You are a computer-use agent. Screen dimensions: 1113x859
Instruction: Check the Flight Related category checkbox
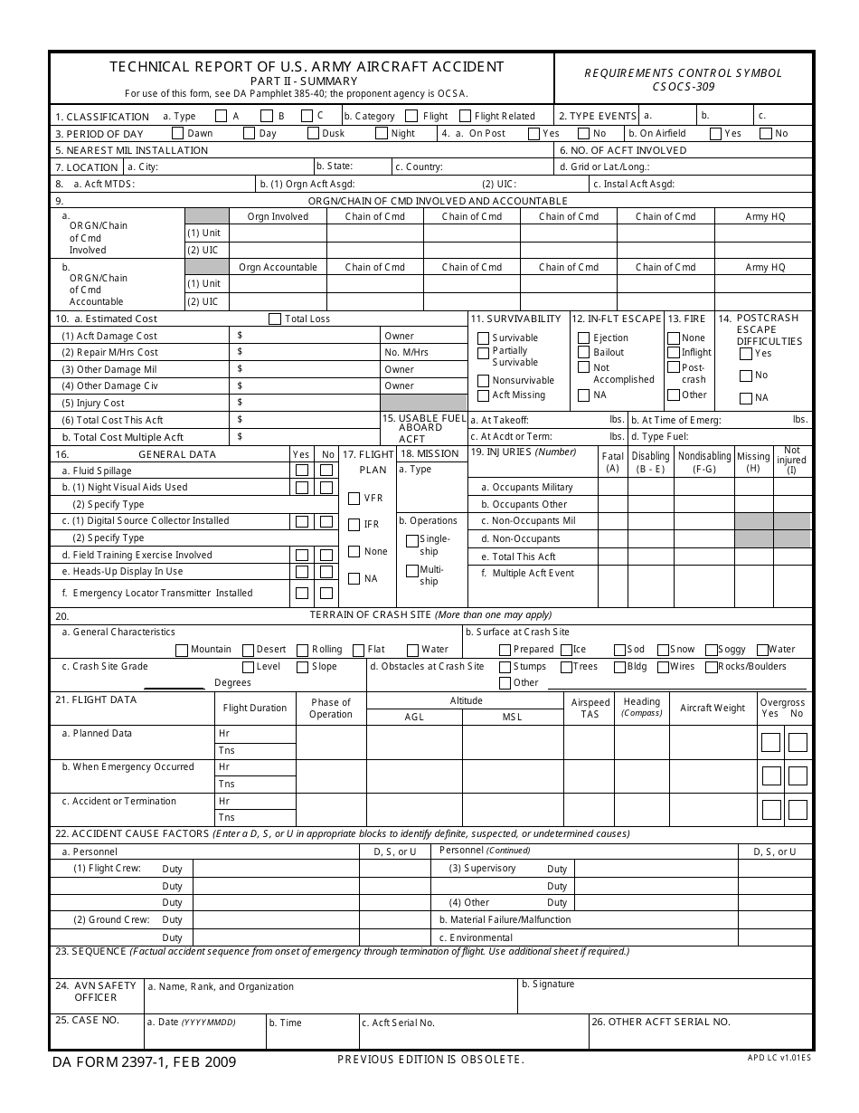[466, 116]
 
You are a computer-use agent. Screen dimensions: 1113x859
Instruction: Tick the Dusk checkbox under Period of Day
[313, 133]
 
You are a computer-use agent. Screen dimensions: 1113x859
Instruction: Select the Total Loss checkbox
[275, 319]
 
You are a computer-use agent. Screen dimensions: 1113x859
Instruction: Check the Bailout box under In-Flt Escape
[583, 352]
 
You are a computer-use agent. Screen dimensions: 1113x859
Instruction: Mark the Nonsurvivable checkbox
[484, 381]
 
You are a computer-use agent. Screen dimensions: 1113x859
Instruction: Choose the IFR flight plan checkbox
[354, 525]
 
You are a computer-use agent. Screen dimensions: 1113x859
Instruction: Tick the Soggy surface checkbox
[711, 650]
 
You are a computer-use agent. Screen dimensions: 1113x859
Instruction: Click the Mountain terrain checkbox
[182, 650]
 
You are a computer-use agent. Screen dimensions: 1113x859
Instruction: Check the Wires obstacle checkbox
[663, 667]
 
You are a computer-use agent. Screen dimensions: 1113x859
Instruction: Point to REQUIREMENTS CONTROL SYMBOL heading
[683, 73]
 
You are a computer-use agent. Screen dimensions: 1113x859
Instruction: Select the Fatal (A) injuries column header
[613, 461]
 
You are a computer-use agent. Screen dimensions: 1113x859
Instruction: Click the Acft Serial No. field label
[399, 1023]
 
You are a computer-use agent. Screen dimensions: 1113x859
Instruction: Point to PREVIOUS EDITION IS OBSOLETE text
[430, 1059]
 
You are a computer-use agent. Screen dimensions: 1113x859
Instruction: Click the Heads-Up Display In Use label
[122, 572]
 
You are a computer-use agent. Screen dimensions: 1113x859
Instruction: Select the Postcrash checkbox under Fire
[674, 367]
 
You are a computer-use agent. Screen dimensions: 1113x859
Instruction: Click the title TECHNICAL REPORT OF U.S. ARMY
[307, 67]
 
